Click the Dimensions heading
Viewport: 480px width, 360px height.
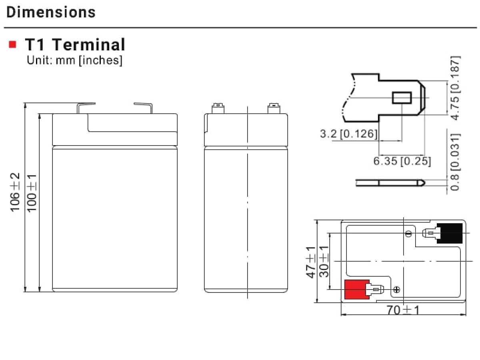51,12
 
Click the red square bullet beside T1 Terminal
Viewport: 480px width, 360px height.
12,44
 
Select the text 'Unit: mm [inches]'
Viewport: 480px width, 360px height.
74,60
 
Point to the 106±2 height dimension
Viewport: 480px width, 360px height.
15,192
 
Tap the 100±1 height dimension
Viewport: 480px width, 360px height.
32,193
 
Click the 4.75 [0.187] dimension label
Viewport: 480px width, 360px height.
455,88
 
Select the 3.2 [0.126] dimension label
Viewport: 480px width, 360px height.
348,134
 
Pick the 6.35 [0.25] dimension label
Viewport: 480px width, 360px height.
402,161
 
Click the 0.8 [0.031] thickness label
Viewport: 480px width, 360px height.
455,162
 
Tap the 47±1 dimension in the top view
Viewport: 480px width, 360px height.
311,262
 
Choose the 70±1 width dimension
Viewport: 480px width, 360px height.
403,310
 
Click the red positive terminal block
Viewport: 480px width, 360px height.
357,289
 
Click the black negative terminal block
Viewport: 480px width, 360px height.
450,233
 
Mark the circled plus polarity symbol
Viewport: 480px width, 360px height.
396,290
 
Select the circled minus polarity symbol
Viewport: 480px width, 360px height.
408,234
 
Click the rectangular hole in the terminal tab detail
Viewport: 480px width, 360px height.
402,98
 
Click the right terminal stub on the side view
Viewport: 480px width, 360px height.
274,108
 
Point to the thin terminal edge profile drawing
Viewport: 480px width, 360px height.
390,183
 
